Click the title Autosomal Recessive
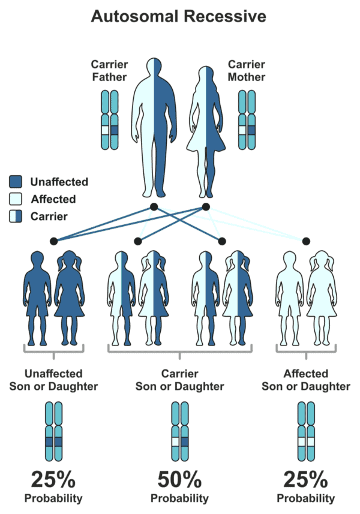click(179, 16)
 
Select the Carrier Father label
click(110, 70)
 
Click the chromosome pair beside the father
click(110, 120)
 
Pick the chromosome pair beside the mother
click(247, 120)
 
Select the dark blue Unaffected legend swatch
click(16, 182)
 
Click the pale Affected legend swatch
click(16, 199)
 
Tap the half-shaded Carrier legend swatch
click(16, 217)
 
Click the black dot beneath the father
click(154, 206)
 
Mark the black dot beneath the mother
click(206, 206)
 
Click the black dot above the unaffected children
click(53, 241)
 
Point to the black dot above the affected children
click(306, 241)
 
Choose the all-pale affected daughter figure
click(322, 297)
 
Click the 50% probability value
click(179, 479)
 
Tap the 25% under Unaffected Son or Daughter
click(53, 479)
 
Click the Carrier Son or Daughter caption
click(179, 379)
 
